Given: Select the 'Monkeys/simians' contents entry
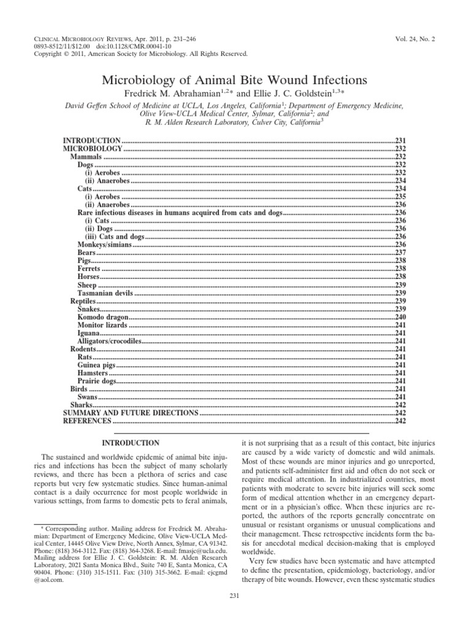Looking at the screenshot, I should (105, 245).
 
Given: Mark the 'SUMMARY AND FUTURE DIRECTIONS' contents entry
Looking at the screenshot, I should (131, 413).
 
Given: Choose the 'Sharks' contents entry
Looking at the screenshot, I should (82, 405).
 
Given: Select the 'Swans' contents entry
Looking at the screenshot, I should (88, 397).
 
